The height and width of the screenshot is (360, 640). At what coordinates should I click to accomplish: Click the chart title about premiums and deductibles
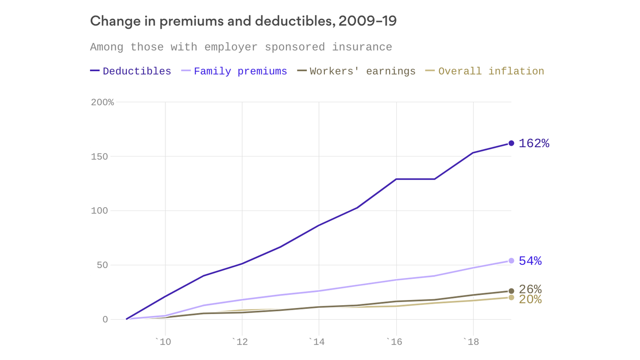pyautogui.click(x=243, y=21)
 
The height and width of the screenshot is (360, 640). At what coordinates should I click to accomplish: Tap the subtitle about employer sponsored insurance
pyautogui.click(x=241, y=47)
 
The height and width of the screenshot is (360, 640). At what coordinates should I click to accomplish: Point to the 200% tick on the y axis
pyautogui.click(x=102, y=102)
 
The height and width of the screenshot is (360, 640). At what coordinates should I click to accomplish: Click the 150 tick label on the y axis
pyautogui.click(x=99, y=157)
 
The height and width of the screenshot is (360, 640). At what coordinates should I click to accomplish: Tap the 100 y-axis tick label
pyautogui.click(x=99, y=211)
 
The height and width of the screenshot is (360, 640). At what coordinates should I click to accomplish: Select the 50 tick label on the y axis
pyautogui.click(x=102, y=265)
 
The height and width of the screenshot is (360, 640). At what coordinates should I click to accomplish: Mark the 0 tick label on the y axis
pyautogui.click(x=105, y=320)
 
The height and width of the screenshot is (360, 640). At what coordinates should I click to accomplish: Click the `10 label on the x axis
pyautogui.click(x=163, y=342)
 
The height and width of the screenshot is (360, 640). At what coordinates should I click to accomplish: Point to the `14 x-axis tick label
pyautogui.click(x=317, y=342)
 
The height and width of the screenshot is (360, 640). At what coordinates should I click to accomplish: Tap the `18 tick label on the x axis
pyautogui.click(x=471, y=342)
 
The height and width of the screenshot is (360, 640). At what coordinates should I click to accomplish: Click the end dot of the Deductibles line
pyautogui.click(x=511, y=143)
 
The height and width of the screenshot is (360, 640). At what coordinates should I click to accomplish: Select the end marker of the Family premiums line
pyautogui.click(x=511, y=261)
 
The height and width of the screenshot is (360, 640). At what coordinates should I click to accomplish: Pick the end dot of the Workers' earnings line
pyautogui.click(x=511, y=291)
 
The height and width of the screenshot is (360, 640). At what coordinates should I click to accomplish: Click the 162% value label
pyautogui.click(x=534, y=143)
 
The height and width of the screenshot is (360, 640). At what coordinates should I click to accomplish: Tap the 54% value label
pyautogui.click(x=530, y=261)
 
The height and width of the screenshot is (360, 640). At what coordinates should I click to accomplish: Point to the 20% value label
pyautogui.click(x=530, y=300)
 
